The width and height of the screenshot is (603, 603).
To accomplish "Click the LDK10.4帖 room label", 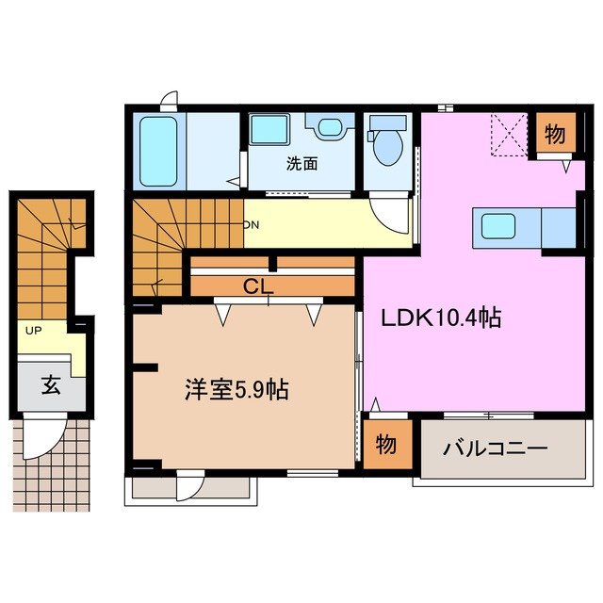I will (x=440, y=318).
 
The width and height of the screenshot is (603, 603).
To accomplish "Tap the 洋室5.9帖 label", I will (x=236, y=389).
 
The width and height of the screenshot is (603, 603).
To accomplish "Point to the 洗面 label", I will (x=302, y=163).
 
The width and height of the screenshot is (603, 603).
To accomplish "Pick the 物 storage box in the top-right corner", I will (x=555, y=135).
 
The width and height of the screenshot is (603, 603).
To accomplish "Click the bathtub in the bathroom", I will (x=157, y=150).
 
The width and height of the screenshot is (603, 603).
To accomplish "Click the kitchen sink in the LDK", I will (x=498, y=227).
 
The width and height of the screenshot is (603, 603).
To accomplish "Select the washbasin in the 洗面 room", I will (x=329, y=126).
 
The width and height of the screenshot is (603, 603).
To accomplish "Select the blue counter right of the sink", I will (x=558, y=227).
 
